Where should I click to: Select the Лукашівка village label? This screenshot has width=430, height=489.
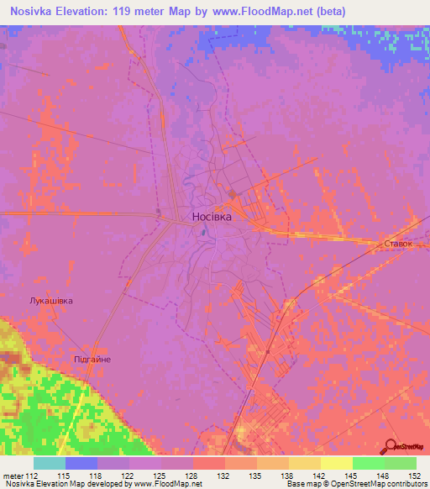pos(45,300)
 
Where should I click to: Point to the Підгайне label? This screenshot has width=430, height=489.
pos(92,359)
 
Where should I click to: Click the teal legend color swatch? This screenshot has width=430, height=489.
pos(50,463)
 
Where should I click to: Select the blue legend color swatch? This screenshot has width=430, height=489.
pos(81,463)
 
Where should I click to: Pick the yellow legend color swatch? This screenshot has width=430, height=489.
pos(336,463)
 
